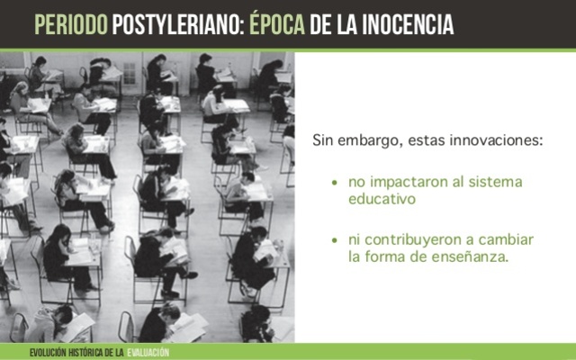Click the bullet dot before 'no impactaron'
coord(335,183)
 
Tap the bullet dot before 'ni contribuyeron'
coord(335,240)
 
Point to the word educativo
coord(382,199)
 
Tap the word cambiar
coord(506,239)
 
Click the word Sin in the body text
coord(322,141)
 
